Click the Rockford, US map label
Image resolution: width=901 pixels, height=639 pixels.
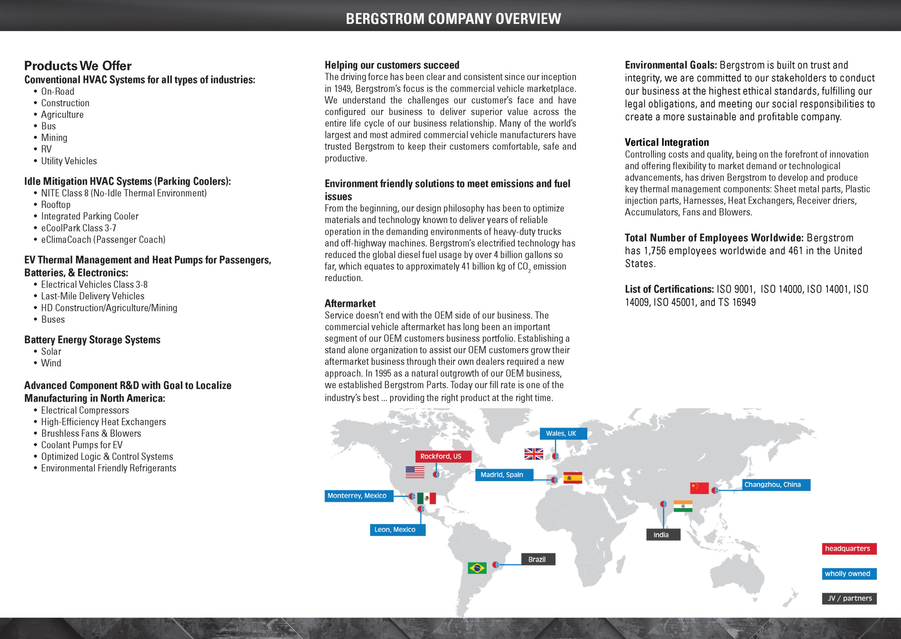pos(443,456)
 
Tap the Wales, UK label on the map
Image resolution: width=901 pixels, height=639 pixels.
pos(563,433)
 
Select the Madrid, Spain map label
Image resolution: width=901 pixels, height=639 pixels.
pos(504,475)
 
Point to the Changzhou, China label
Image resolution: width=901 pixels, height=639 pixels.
pos(775,485)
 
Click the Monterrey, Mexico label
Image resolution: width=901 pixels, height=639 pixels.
pos(358,495)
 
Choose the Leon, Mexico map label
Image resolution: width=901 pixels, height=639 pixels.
pos(397,529)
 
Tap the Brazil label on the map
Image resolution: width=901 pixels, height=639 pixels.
pos(538,559)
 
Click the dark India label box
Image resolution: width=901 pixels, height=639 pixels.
pos(663,534)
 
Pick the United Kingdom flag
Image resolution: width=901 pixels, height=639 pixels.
pos(534,454)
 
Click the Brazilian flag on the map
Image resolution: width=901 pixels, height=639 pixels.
pos(477,568)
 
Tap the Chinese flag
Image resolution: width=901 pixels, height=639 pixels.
pos(699,488)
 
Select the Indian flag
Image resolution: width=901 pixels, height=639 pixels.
pos(683,506)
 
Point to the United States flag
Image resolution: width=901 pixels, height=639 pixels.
pos(415,472)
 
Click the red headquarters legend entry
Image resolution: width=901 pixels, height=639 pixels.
pos(849,549)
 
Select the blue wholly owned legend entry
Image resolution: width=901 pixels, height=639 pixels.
pos(849,573)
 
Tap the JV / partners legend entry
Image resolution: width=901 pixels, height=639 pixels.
pos(849,598)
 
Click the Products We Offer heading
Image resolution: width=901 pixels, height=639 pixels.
pos(78,66)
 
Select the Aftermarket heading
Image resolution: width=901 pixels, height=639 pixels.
pos(350,303)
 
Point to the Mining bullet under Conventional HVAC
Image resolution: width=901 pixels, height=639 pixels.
pos(54,138)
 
